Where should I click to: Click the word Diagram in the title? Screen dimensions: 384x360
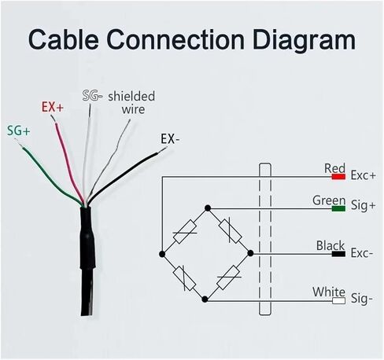(304, 40)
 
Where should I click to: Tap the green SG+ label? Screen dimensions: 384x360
(19, 130)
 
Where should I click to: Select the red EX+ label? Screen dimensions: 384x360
(53, 107)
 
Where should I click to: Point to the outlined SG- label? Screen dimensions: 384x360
(92, 96)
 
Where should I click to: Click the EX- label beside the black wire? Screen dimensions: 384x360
(170, 139)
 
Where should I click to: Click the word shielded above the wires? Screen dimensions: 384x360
(131, 96)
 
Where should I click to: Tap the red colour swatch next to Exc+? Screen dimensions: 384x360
(338, 177)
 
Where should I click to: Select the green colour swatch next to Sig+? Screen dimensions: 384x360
(338, 208)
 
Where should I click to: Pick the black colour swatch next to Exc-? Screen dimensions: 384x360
(338, 254)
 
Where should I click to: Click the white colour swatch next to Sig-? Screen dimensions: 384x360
(338, 300)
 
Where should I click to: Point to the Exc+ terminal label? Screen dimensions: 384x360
(364, 175)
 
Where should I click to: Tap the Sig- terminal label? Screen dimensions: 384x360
(362, 299)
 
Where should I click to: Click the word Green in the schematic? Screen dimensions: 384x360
(329, 200)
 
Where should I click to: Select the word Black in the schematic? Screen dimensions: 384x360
(330, 246)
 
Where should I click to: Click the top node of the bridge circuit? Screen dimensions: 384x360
(208, 208)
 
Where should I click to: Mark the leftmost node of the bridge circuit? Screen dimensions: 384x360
(162, 254)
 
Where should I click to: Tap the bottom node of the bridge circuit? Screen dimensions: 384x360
(205, 299)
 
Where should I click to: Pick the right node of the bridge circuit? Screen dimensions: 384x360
(250, 253)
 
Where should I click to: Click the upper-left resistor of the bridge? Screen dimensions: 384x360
(185, 232)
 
